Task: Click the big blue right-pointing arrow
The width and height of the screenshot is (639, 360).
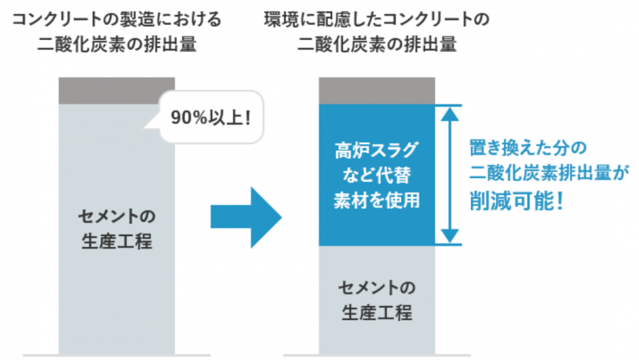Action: click(x=246, y=218)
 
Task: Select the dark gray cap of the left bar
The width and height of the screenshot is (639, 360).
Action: click(x=116, y=91)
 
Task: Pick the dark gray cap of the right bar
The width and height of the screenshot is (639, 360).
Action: click(x=377, y=91)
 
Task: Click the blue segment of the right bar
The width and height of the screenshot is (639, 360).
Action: click(x=377, y=175)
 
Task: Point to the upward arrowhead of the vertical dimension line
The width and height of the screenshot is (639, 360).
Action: click(x=450, y=114)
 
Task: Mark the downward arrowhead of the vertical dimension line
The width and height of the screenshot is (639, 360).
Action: click(x=450, y=236)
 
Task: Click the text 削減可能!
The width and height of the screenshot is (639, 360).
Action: click(x=517, y=200)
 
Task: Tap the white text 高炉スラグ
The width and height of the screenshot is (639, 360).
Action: click(x=377, y=150)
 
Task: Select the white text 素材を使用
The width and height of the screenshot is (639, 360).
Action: click(x=377, y=200)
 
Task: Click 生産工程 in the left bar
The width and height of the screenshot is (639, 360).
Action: click(x=117, y=241)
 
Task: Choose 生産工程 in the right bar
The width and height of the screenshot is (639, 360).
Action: click(x=377, y=313)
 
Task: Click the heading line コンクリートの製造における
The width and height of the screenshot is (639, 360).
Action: click(x=117, y=19)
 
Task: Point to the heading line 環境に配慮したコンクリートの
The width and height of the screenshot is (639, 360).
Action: click(x=377, y=19)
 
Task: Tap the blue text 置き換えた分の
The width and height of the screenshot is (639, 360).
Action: click(x=528, y=148)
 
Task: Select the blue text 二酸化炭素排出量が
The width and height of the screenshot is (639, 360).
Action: click(x=549, y=173)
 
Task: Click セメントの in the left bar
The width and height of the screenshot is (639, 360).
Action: click(x=117, y=216)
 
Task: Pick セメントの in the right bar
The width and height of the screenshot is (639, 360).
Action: click(x=377, y=288)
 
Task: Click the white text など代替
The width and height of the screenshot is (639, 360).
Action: click(x=377, y=175)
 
